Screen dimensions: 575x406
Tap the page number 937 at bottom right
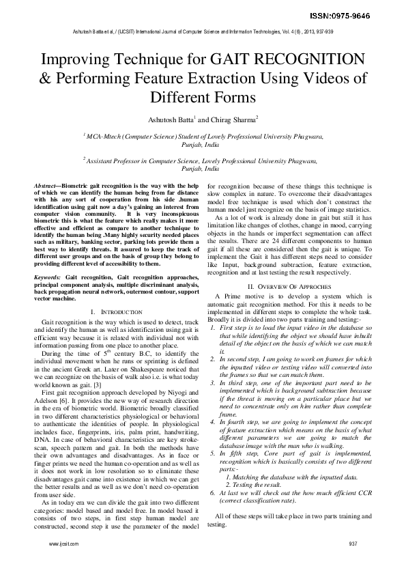[353, 544]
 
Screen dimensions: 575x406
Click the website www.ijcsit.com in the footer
[64, 544]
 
